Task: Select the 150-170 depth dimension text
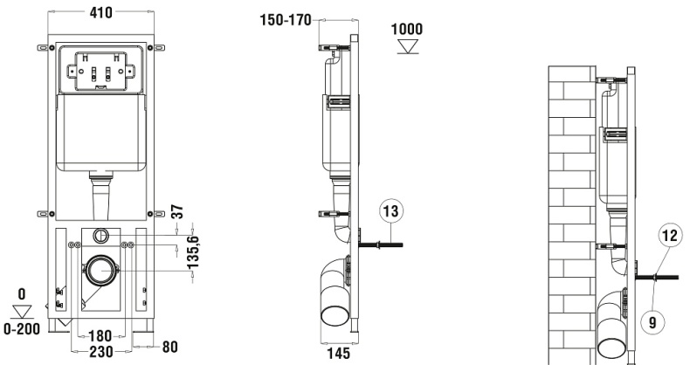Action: pos(285,19)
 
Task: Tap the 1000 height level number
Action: pos(406,29)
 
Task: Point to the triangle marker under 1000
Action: pos(406,45)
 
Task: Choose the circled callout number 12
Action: pos(668,235)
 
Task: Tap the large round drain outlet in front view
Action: pos(102,270)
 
